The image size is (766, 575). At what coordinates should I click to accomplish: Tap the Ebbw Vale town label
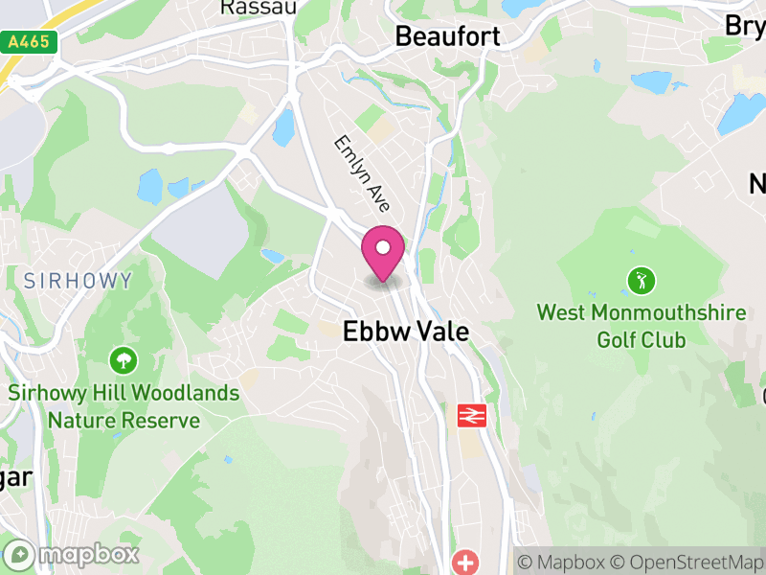click(407, 332)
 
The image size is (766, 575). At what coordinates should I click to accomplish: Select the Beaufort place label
click(448, 36)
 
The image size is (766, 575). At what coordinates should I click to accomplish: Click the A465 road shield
click(30, 42)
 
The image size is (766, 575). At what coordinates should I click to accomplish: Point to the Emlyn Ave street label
click(362, 173)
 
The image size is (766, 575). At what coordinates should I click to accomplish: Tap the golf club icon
click(641, 281)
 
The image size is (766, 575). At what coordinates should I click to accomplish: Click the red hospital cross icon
click(466, 563)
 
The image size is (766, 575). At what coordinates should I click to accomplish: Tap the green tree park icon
click(124, 361)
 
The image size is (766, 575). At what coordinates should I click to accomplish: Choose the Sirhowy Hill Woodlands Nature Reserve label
click(124, 406)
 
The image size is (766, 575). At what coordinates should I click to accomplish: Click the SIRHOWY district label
click(65, 281)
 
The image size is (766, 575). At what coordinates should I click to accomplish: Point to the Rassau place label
click(259, 8)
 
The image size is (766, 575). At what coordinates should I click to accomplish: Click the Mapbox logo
click(74, 554)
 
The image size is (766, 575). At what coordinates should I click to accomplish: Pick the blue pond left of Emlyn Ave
click(282, 127)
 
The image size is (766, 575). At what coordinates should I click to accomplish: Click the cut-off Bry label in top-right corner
click(745, 26)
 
